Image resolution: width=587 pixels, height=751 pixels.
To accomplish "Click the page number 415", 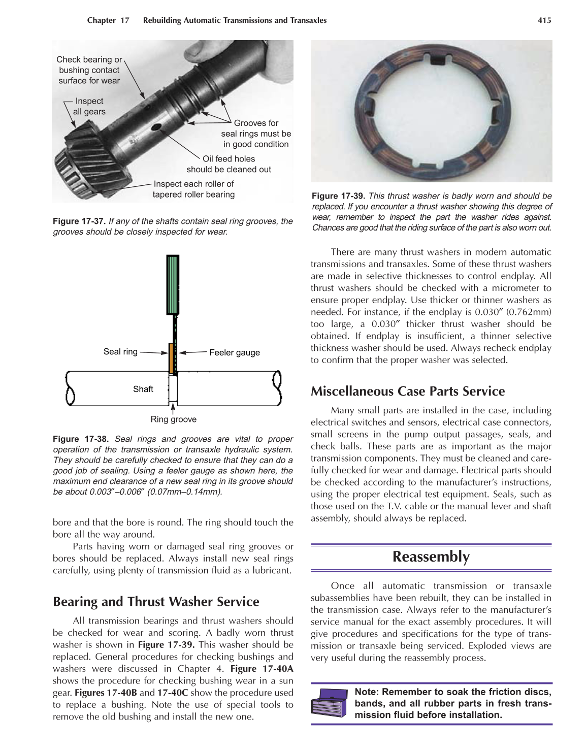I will pyautogui.click(x=544, y=20).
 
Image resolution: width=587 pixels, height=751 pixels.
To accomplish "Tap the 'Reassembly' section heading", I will pyautogui.click(x=431, y=557).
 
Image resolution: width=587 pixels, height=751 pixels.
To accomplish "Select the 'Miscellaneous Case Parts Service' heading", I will pyautogui.click(x=407, y=391).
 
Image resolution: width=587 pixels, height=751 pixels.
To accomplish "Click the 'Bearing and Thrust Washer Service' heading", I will pyautogui.click(x=156, y=602).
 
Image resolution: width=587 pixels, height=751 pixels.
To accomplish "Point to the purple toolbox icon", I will pyautogui.click(x=329, y=703).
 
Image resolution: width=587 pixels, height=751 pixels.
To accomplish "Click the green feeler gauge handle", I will pyautogui.click(x=173, y=285).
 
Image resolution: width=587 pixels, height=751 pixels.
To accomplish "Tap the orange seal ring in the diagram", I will pyautogui.click(x=171, y=357).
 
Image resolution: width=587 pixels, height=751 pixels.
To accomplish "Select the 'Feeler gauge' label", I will pyautogui.click(x=234, y=352).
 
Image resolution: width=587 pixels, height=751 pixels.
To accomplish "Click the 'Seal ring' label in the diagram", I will pyautogui.click(x=120, y=351).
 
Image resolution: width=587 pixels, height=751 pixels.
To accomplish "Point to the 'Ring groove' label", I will pyautogui.click(x=173, y=419).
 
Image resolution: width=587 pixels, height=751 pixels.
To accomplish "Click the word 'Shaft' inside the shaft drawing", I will pyautogui.click(x=143, y=389).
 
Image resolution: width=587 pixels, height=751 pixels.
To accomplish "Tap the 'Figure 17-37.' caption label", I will pyautogui.click(x=79, y=221).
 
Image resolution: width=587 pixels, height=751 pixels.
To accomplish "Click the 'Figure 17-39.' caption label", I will pyautogui.click(x=338, y=196).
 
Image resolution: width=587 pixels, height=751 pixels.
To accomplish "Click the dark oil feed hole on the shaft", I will pyautogui.click(x=156, y=126).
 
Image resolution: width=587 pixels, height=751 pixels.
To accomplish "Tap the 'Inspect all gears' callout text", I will pyautogui.click(x=89, y=107).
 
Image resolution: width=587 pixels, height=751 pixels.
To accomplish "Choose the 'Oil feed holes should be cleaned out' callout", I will pyautogui.click(x=229, y=164).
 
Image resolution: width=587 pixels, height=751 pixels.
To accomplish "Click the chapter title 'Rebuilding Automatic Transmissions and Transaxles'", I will pyautogui.click(x=235, y=20).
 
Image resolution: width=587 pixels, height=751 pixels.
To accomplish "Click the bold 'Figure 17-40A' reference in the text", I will pyautogui.click(x=262, y=669).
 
